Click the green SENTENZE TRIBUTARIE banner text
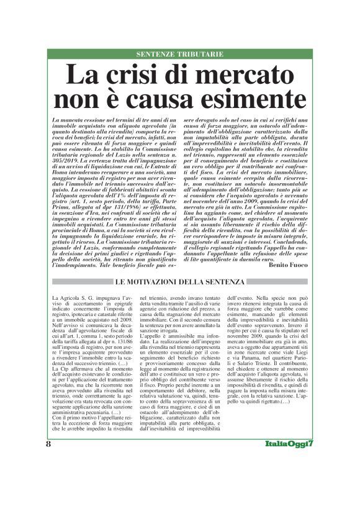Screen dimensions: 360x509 coord(180,55)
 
